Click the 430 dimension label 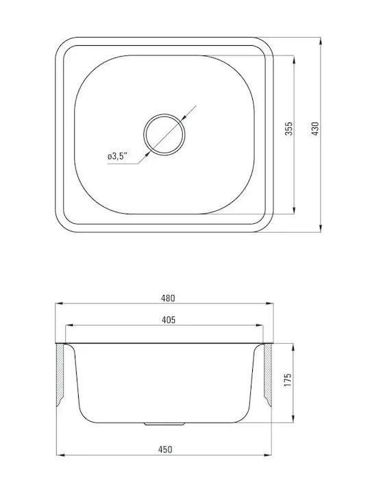(x=315, y=129)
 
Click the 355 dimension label (x=288, y=129)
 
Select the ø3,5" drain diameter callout (x=118, y=156)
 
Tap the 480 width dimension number (x=168, y=298)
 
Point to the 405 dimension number (x=169, y=320)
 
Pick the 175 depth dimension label (x=288, y=380)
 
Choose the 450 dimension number (x=165, y=450)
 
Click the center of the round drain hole (x=164, y=134)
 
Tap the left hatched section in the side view (x=60, y=374)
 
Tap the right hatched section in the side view (x=267, y=374)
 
